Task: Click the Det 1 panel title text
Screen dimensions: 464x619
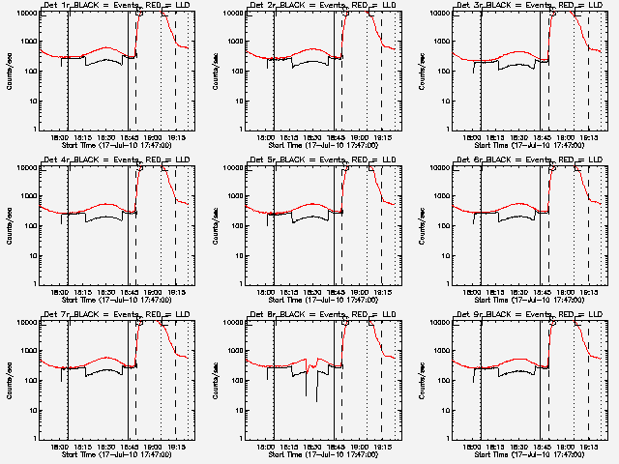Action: [117, 6]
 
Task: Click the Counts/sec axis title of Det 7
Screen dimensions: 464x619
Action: [8, 377]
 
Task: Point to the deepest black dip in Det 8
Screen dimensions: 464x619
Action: [317, 398]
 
